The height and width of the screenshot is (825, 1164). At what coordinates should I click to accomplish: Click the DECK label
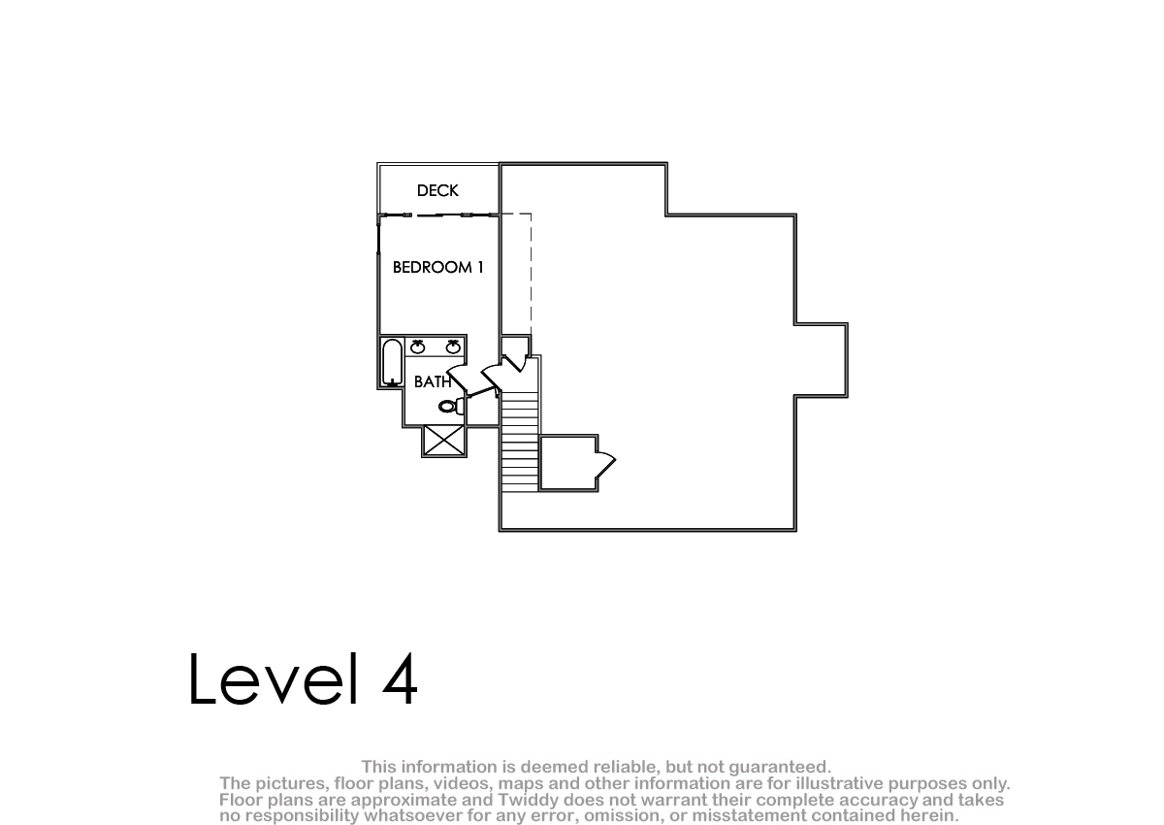[437, 191]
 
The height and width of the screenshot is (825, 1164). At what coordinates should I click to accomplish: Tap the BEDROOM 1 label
[438, 267]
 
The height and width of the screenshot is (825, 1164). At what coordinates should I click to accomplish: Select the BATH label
[433, 382]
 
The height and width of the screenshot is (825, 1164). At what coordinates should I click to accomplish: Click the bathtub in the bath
[392, 362]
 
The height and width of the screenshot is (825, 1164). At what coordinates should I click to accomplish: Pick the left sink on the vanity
[418, 346]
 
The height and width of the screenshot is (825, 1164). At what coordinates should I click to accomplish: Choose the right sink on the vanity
[453, 346]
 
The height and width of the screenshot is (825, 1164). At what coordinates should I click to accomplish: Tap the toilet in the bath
[452, 406]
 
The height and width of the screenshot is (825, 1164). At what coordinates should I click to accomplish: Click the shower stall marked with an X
[444, 441]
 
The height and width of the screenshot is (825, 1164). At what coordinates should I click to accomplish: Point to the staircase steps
[520, 442]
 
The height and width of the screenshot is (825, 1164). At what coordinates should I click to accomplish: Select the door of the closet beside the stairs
[605, 463]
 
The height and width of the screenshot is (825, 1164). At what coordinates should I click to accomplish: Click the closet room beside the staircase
[568, 463]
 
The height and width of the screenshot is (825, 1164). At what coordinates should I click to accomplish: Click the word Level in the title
[274, 679]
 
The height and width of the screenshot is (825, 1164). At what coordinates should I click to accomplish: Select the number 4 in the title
[400, 679]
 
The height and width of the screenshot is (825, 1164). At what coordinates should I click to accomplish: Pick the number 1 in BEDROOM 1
[480, 267]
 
